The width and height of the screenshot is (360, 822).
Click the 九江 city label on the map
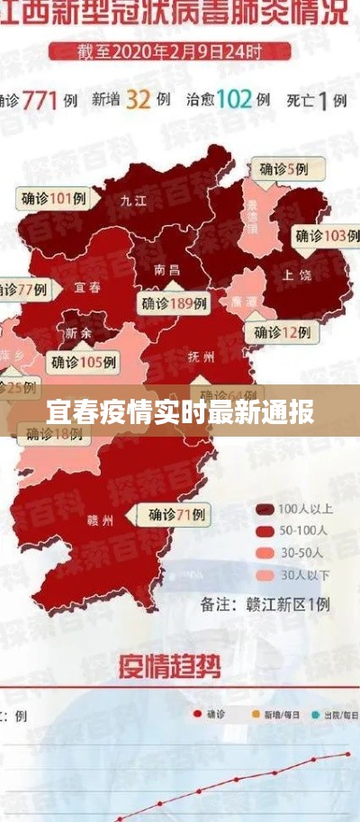coord(133,200)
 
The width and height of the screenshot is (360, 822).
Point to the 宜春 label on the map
coord(87,288)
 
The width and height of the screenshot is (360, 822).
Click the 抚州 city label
coord(202,357)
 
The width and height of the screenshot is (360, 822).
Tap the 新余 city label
coord(78,332)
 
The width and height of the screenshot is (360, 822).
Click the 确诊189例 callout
coord(174,303)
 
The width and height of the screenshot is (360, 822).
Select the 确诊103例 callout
coord(320,236)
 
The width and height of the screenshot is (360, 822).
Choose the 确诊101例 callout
coord(55,198)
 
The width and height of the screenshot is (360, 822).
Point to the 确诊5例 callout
coord(283,168)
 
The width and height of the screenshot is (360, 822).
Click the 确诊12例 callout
coord(281,332)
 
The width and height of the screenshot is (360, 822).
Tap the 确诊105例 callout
coord(83,362)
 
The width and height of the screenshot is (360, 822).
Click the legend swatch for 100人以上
coord(265,509)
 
